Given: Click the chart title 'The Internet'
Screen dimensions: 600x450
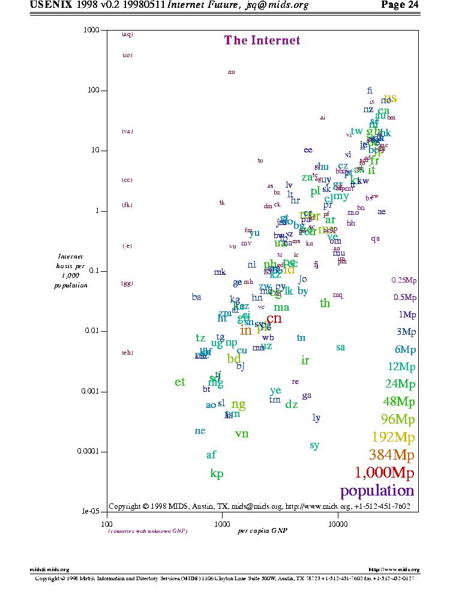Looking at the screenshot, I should pos(262,40).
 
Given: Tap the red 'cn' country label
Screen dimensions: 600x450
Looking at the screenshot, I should pos(274,318).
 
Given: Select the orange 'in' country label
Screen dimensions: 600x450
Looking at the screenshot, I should pos(245,330).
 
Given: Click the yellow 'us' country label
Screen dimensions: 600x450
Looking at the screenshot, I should pos(390,98).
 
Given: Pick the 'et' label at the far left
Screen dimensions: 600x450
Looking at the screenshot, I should pos(180,382).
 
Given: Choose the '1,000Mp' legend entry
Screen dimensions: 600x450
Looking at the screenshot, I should pos(385,473).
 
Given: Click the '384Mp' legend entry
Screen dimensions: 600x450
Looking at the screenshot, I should pos(392,454).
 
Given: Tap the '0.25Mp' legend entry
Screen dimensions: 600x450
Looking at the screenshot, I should pos(403,280).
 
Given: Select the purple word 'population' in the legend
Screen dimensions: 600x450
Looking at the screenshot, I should pos(377,491).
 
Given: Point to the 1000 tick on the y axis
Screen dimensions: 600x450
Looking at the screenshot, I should pos(91,30).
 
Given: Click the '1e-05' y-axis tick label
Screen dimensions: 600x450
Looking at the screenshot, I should pos(91,512).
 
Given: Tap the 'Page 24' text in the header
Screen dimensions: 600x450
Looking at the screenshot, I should pos(400,5).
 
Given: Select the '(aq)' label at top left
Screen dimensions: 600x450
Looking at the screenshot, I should pos(127,34).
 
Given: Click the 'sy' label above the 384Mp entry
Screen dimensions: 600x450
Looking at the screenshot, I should pos(314,445).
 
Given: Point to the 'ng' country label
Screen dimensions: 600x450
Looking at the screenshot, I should pos(238,404).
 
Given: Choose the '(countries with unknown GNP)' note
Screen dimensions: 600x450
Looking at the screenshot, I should pos(148,531).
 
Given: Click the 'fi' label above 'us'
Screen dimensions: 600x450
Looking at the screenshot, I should pos(370,91).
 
